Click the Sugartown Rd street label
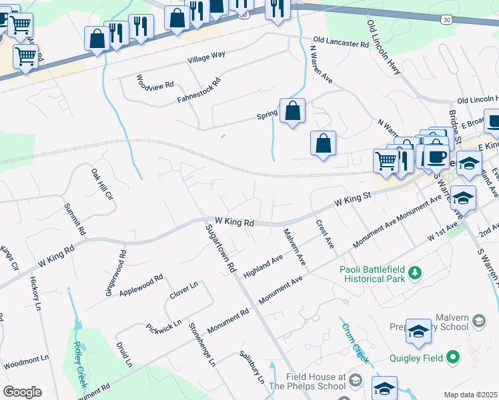[x=222, y=247]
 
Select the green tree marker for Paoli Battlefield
[x=414, y=273]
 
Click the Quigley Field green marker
[x=453, y=358]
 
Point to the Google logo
[x=22, y=392]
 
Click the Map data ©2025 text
[x=471, y=395]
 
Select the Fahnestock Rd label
[x=199, y=91]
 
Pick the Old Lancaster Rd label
[x=340, y=43]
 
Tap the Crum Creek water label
[x=356, y=343]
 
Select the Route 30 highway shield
[x=445, y=21]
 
